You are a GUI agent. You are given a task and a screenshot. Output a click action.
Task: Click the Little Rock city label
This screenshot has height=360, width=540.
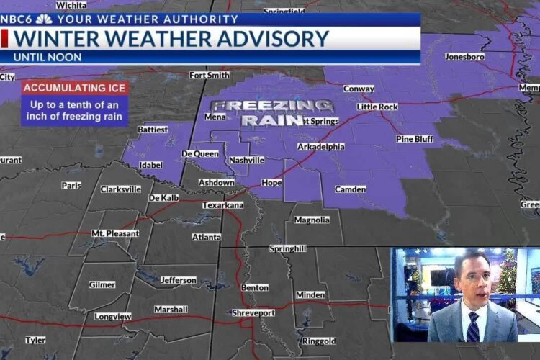tap(377, 107)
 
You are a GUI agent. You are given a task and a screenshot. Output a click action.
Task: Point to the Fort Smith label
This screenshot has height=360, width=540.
tap(210, 75)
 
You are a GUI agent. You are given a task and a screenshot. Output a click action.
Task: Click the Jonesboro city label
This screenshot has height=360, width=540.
tap(465, 56)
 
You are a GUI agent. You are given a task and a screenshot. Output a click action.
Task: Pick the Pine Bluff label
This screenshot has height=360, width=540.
tap(415, 139)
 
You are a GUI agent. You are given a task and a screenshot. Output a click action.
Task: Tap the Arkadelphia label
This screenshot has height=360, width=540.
tap(320, 147)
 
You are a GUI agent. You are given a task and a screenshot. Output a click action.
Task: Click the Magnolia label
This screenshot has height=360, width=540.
tap(312, 220)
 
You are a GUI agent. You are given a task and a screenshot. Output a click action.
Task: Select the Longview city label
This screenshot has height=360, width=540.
tap(113, 316)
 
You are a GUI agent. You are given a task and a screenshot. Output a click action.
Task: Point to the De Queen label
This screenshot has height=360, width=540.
tap(200, 154)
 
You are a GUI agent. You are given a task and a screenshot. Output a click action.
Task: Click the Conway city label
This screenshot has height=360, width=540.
tap(359, 89)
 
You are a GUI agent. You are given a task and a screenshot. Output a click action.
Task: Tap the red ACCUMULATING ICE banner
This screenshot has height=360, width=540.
tap(75, 89)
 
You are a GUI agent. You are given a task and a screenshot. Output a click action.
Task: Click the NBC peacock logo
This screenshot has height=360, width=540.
tap(44, 19)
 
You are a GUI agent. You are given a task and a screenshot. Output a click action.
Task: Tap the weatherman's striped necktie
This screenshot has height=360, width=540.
tap(473, 327)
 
